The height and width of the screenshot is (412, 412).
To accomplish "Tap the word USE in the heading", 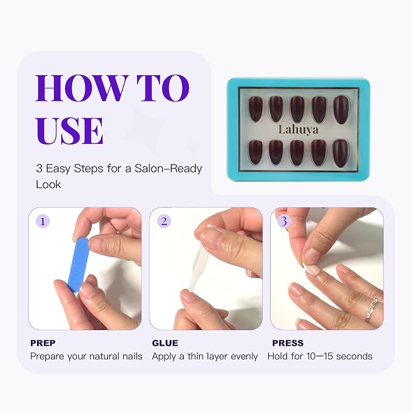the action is pos(69,130).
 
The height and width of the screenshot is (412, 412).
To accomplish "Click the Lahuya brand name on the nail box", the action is pos(298,129).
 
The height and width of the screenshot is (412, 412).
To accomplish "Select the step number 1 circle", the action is pos(42,221).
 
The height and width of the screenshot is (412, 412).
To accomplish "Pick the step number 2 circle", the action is pos(164,221).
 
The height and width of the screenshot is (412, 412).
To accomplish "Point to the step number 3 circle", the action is pos(284,221).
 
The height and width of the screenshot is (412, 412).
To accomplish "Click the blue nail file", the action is pos(78,265).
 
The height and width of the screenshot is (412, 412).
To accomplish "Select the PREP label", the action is pos(43,343).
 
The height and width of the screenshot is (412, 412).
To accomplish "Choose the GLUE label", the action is pos(165,343).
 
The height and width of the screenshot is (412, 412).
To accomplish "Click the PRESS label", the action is pos(288,343).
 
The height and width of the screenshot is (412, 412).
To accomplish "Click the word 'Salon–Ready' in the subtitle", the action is pos(168,169).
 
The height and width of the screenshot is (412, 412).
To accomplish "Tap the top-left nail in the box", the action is pos(255,109).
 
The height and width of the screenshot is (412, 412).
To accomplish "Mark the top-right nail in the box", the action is pos(342,110).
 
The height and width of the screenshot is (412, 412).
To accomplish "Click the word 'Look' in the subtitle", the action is pos(49,184).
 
